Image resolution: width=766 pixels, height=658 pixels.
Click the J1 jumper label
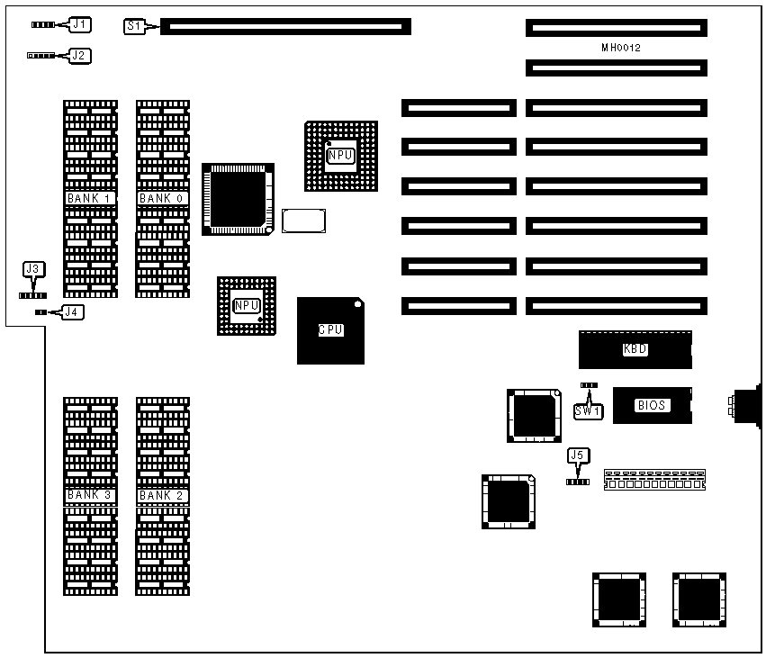(x=79, y=24)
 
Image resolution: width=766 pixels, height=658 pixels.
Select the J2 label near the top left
(x=79, y=55)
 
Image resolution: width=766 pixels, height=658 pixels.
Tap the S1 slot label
(x=133, y=26)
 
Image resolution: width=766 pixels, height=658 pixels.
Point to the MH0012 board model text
(x=621, y=47)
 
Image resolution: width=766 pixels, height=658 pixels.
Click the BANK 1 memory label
(x=89, y=198)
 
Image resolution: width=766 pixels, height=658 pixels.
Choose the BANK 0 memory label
(x=162, y=198)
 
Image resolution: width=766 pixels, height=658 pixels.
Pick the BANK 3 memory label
(x=89, y=495)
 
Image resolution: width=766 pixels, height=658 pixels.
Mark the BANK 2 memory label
(x=162, y=495)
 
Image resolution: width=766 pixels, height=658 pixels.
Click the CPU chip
(x=330, y=330)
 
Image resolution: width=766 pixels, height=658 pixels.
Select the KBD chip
(x=635, y=349)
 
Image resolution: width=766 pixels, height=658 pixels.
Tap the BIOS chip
(x=652, y=405)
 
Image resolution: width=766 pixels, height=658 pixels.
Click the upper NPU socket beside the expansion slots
(x=340, y=156)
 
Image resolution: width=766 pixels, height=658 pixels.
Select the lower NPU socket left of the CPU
(x=246, y=306)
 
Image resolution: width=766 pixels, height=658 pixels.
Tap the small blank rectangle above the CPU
(x=303, y=221)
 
